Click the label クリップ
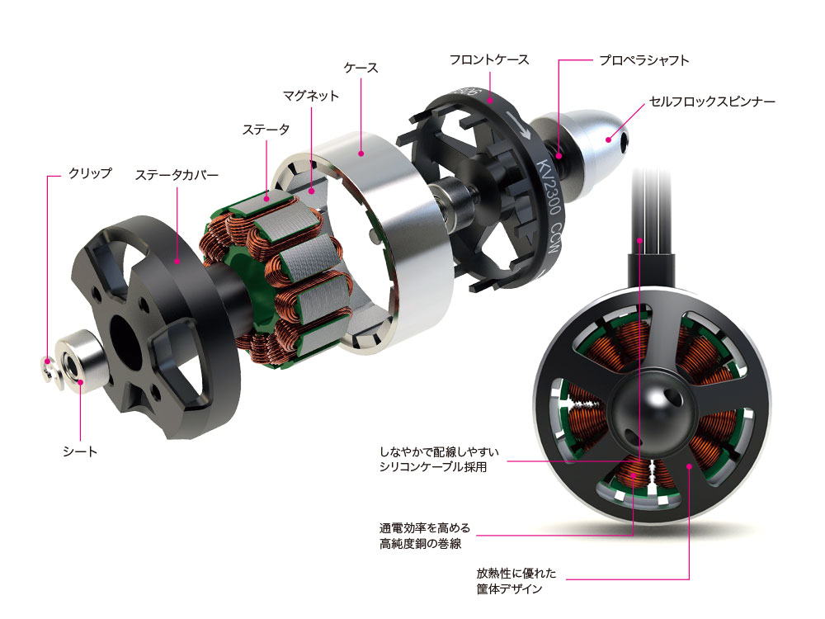pos(89,173)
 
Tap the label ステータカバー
pos(177,174)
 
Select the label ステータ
pos(266,129)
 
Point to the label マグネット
pos(311,96)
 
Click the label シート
pos(80,451)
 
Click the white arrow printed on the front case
pos(518,126)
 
